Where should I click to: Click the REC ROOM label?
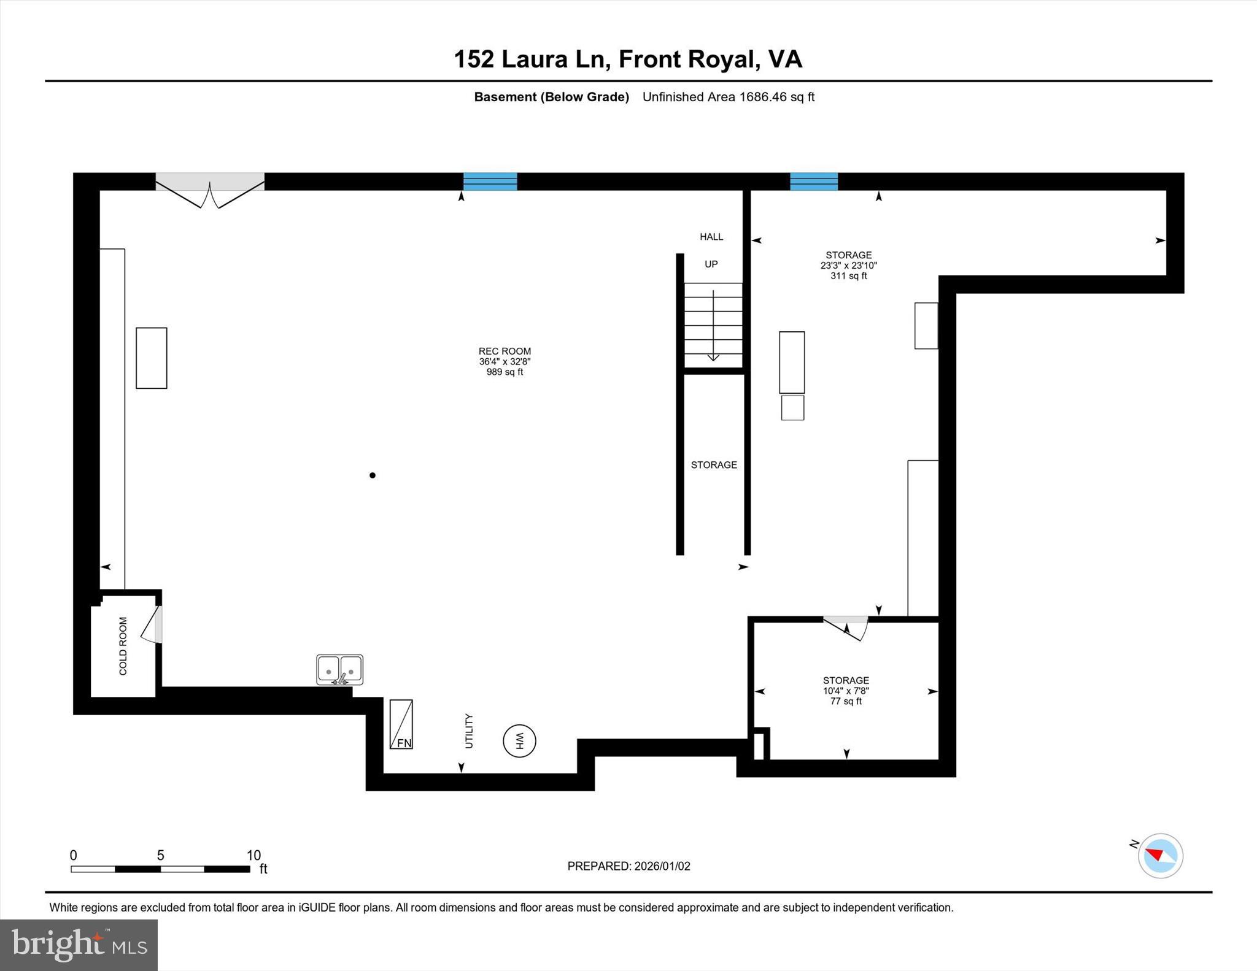click(x=505, y=351)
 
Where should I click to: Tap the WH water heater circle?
click(x=519, y=740)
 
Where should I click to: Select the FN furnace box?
click(x=401, y=724)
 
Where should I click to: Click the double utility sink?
click(x=339, y=669)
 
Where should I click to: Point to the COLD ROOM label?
click(x=123, y=646)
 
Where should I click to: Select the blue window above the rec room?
click(x=490, y=182)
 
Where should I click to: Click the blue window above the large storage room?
click(x=813, y=182)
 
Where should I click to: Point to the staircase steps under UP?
click(x=713, y=324)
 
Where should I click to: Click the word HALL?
click(x=711, y=237)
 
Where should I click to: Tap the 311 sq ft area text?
click(x=848, y=276)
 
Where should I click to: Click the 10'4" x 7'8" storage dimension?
click(x=846, y=691)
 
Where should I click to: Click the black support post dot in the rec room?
click(x=373, y=475)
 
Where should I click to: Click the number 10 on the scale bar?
click(x=253, y=855)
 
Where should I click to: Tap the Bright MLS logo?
click(x=79, y=945)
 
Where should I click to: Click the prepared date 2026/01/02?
click(x=662, y=866)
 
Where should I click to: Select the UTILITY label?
click(x=469, y=731)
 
